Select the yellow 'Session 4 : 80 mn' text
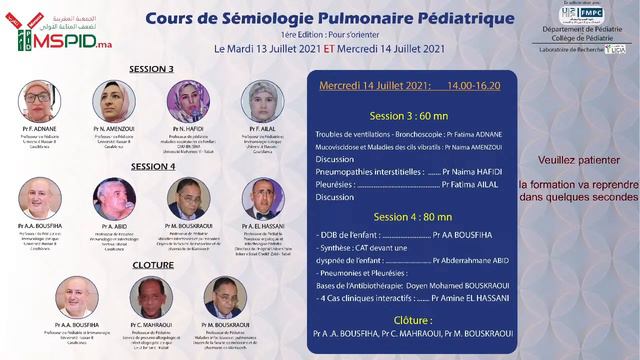pyautogui.click(x=413, y=216)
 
